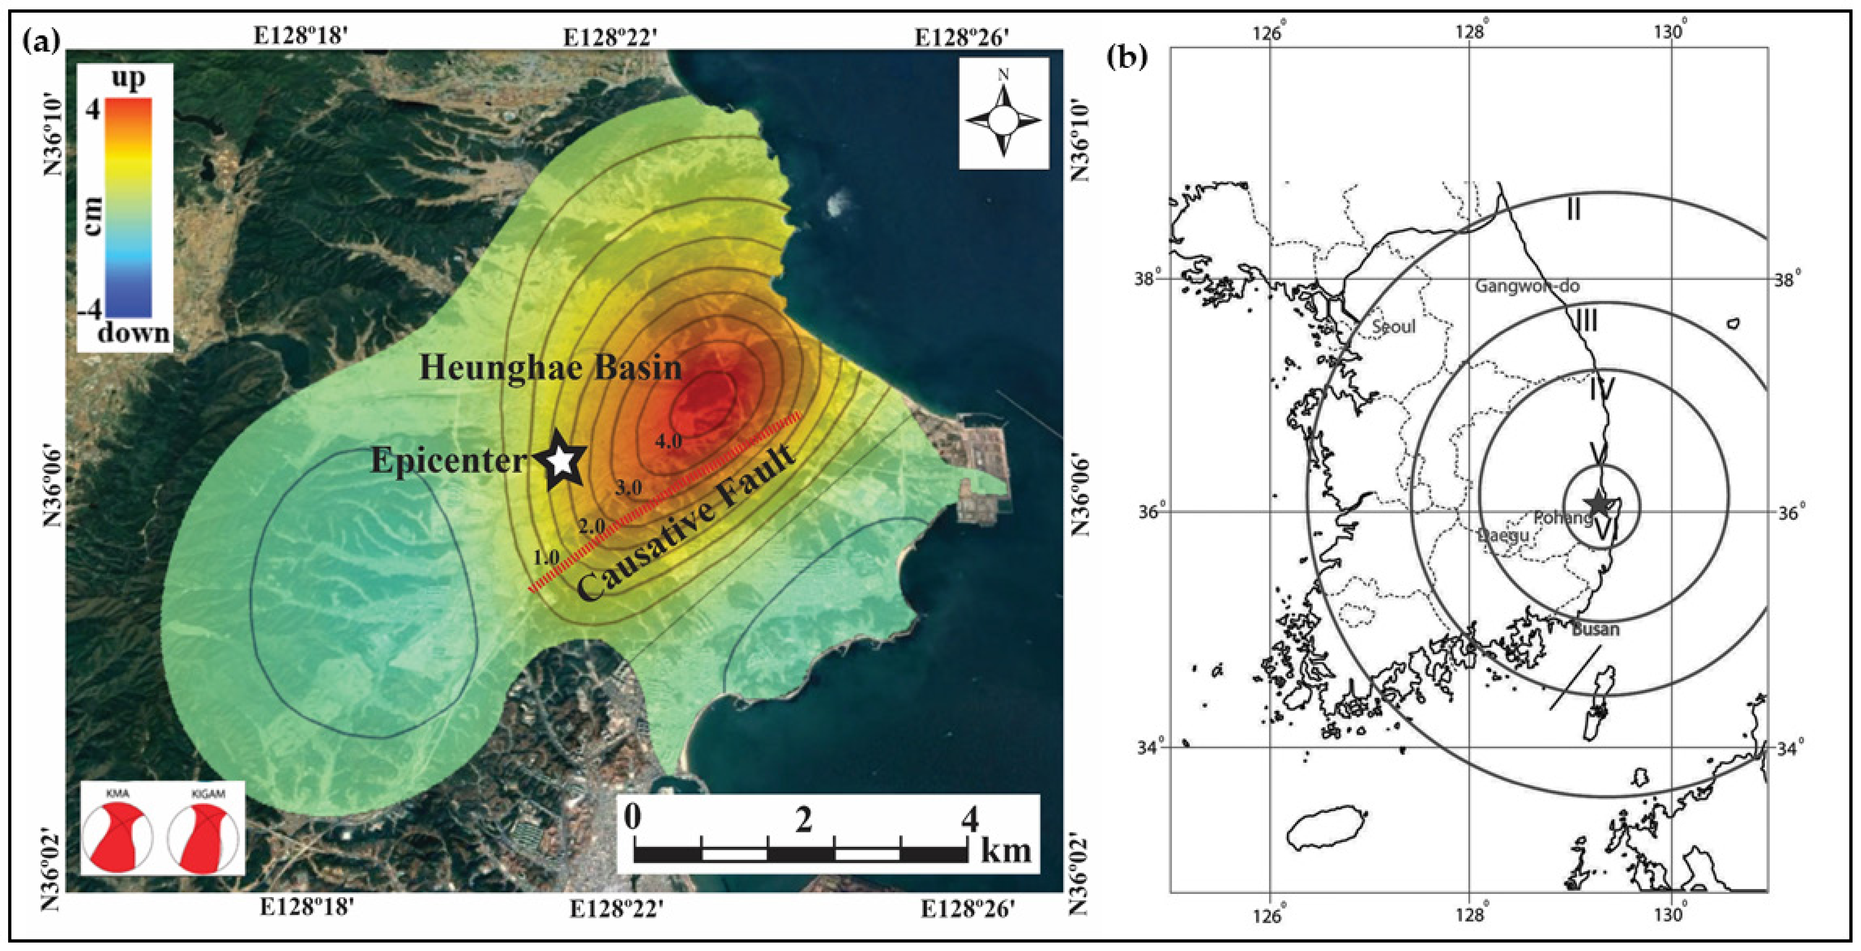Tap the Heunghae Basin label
[550, 368]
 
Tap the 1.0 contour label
[546, 557]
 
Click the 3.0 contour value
[628, 487]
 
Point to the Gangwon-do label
[1527, 286]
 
